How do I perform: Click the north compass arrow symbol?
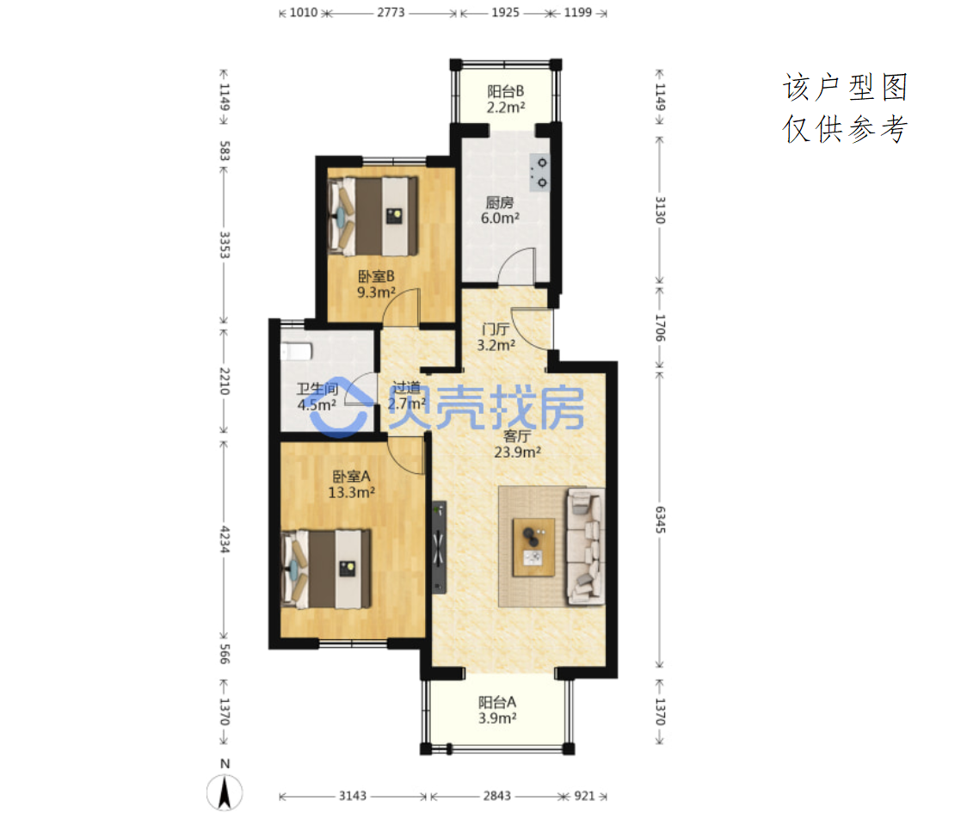(x=225, y=792)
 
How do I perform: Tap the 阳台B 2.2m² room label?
(x=506, y=99)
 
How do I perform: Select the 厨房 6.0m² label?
(x=500, y=210)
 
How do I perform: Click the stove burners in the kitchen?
(x=540, y=172)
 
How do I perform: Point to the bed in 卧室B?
(x=373, y=216)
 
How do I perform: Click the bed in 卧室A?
(x=326, y=570)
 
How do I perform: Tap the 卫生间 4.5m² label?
(x=317, y=397)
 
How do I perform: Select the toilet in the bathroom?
(x=297, y=351)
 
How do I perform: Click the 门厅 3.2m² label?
(x=496, y=337)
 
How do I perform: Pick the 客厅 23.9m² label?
(x=517, y=444)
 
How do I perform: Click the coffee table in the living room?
(x=533, y=547)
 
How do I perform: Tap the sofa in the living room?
(x=585, y=546)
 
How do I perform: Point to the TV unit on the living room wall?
(x=439, y=547)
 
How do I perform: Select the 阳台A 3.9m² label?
(x=497, y=710)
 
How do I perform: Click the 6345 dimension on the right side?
(x=660, y=520)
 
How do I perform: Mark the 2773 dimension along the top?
(x=391, y=12)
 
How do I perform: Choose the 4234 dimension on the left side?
(x=225, y=539)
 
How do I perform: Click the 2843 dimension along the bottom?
(x=496, y=796)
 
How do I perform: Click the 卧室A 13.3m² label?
(x=351, y=484)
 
